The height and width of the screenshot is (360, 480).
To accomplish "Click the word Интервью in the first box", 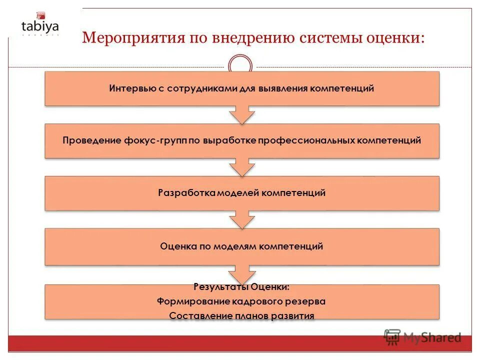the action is pyautogui.click(x=128, y=88).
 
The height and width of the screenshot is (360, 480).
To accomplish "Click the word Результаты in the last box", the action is pyautogui.click(x=220, y=287).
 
